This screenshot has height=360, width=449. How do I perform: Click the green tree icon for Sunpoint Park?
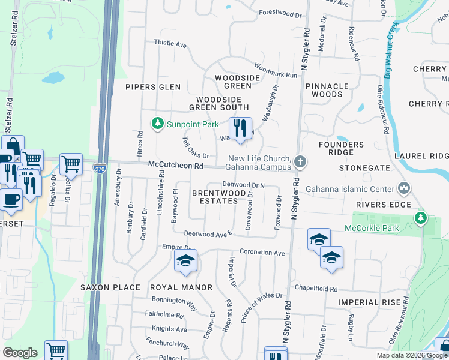157,124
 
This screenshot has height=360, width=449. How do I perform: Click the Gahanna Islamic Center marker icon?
404,189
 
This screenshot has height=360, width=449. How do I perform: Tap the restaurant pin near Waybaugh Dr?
240,128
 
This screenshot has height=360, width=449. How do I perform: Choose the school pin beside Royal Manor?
185,262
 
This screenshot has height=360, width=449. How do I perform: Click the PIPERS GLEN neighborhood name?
153,87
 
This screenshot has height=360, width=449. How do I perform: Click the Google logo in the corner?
20,352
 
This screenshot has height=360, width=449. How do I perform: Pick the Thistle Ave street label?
170,43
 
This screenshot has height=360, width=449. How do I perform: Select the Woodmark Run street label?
275,71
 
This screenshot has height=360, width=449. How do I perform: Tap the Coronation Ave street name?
262,253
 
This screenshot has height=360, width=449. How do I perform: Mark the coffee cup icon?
9,199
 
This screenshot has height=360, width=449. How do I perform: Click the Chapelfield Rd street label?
316,288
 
